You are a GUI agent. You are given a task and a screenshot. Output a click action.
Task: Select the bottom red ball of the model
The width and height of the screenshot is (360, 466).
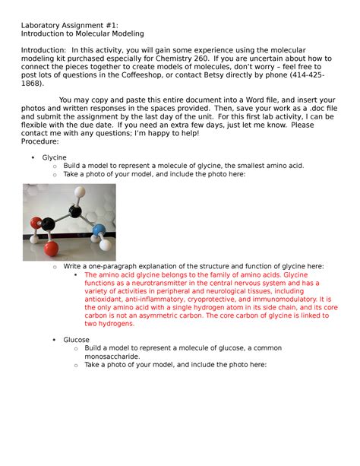click(x=50, y=246)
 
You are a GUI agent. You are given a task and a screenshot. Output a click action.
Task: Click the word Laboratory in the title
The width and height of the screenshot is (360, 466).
click(x=43, y=24)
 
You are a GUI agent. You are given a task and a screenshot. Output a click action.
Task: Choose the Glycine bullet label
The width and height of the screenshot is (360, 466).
click(x=55, y=157)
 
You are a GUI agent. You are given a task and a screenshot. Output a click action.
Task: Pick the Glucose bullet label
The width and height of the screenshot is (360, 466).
click(x=55, y=339)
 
